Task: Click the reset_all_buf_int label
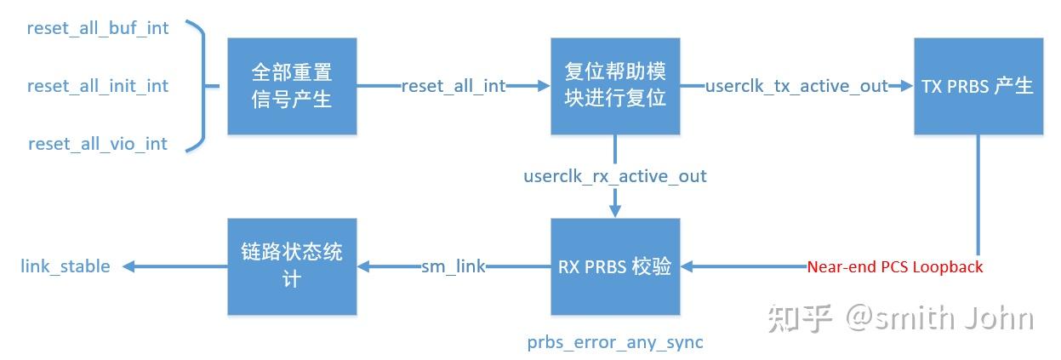tap(98, 28)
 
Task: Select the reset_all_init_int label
tap(98, 86)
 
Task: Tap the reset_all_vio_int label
tap(98, 144)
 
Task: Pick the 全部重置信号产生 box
tap(292, 86)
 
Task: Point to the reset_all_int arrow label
tap(453, 86)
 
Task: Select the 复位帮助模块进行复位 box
tap(615, 86)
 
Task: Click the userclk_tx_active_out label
tap(797, 86)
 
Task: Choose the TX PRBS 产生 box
tap(978, 86)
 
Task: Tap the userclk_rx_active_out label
tap(615, 176)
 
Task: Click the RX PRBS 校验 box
tap(615, 266)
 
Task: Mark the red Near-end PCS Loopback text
tap(894, 266)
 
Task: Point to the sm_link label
tap(453, 266)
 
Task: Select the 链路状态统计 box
tap(292, 266)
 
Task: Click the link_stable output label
tap(66, 266)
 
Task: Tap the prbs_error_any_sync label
tap(615, 342)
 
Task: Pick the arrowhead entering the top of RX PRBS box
tap(615, 211)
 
